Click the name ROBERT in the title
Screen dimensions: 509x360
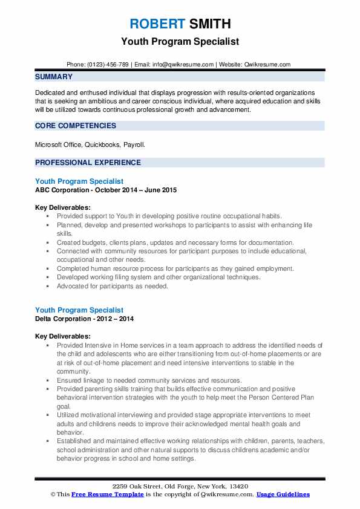point(157,24)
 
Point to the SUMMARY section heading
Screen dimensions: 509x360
point(54,77)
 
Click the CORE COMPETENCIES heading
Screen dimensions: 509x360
point(76,126)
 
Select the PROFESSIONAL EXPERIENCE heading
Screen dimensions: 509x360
point(88,163)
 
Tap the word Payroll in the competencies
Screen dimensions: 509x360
point(134,145)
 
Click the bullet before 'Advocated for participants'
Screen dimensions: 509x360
point(48,286)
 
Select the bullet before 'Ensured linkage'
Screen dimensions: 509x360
point(48,380)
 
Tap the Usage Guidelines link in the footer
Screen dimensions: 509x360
point(283,494)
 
